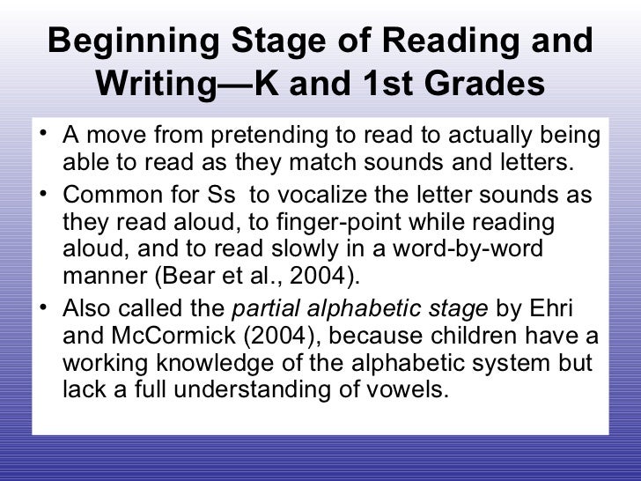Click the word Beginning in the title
pyautogui.click(x=140, y=42)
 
